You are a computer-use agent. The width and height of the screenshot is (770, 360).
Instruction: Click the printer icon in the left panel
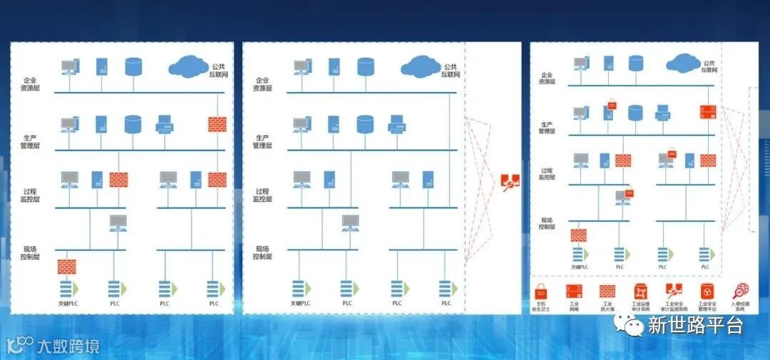coord(165,125)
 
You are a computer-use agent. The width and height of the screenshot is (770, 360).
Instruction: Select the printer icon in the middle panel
coord(396,125)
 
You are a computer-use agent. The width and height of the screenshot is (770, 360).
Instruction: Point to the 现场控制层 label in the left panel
coord(31,252)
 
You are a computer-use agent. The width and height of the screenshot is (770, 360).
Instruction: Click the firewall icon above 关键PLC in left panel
coord(66,267)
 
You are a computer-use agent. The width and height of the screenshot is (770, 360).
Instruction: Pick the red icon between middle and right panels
coord(510,182)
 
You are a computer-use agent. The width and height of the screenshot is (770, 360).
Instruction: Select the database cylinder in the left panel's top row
coord(133,67)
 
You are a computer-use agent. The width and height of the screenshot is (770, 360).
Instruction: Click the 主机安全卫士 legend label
coord(541,307)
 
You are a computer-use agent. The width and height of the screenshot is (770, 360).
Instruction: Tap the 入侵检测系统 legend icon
coord(741,291)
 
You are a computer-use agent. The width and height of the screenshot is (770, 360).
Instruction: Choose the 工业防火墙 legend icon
coord(607,291)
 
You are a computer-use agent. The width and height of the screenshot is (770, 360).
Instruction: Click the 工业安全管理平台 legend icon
coord(707,291)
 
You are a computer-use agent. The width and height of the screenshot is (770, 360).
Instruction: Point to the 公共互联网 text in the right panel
coord(708,66)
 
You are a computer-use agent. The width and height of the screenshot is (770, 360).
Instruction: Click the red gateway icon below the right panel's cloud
coord(708,111)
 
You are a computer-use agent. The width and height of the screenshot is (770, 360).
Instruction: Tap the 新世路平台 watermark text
coord(695,325)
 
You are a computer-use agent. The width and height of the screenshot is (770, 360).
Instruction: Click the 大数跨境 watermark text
coord(68,347)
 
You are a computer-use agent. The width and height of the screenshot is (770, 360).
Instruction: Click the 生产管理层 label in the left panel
coord(31,141)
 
